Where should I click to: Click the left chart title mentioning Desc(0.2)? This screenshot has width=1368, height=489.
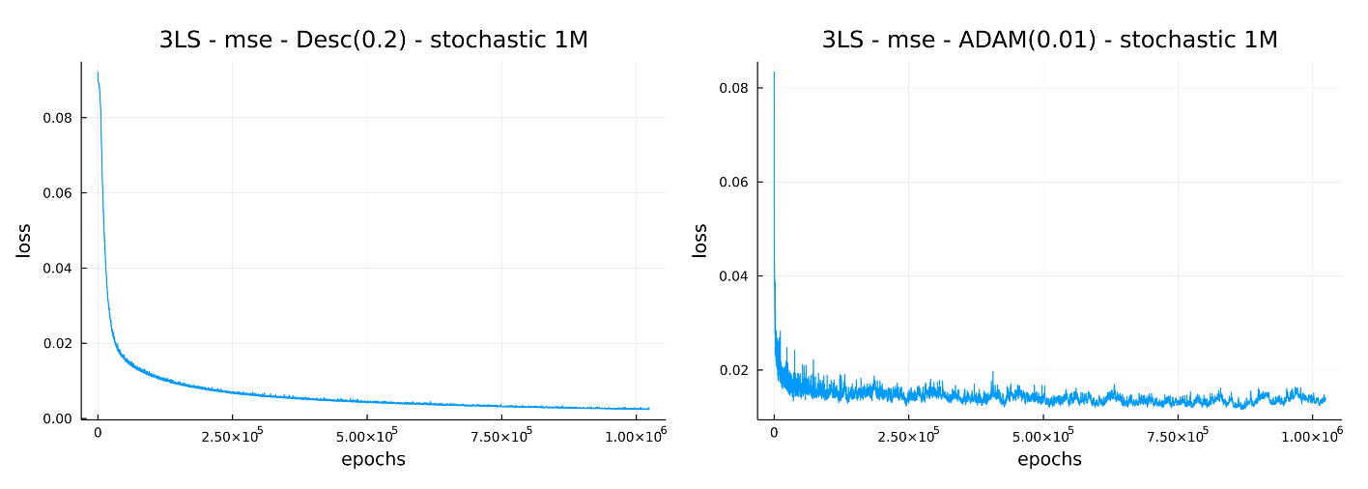point(373,40)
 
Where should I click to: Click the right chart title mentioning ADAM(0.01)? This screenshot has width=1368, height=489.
point(1049,40)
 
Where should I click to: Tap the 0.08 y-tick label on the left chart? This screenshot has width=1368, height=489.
point(57,118)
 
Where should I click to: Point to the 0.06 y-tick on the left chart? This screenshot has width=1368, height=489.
point(57,193)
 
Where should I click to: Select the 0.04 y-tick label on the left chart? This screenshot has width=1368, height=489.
point(57,269)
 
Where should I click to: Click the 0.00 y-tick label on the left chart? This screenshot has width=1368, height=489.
point(57,418)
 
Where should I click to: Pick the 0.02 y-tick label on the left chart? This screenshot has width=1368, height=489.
point(57,344)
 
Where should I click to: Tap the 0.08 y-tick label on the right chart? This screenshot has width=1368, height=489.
point(733,88)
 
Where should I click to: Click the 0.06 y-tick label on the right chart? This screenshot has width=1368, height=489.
point(733,182)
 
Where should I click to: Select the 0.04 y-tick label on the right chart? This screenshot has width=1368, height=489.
point(733,276)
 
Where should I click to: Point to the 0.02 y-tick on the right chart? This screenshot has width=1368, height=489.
point(733,370)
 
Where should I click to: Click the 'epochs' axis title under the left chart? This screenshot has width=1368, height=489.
point(373,460)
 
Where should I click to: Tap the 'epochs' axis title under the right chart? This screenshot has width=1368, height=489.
point(1049,460)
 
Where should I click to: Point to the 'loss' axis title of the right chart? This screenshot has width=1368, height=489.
point(700,241)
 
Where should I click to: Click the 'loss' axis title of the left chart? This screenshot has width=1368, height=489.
point(24,241)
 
